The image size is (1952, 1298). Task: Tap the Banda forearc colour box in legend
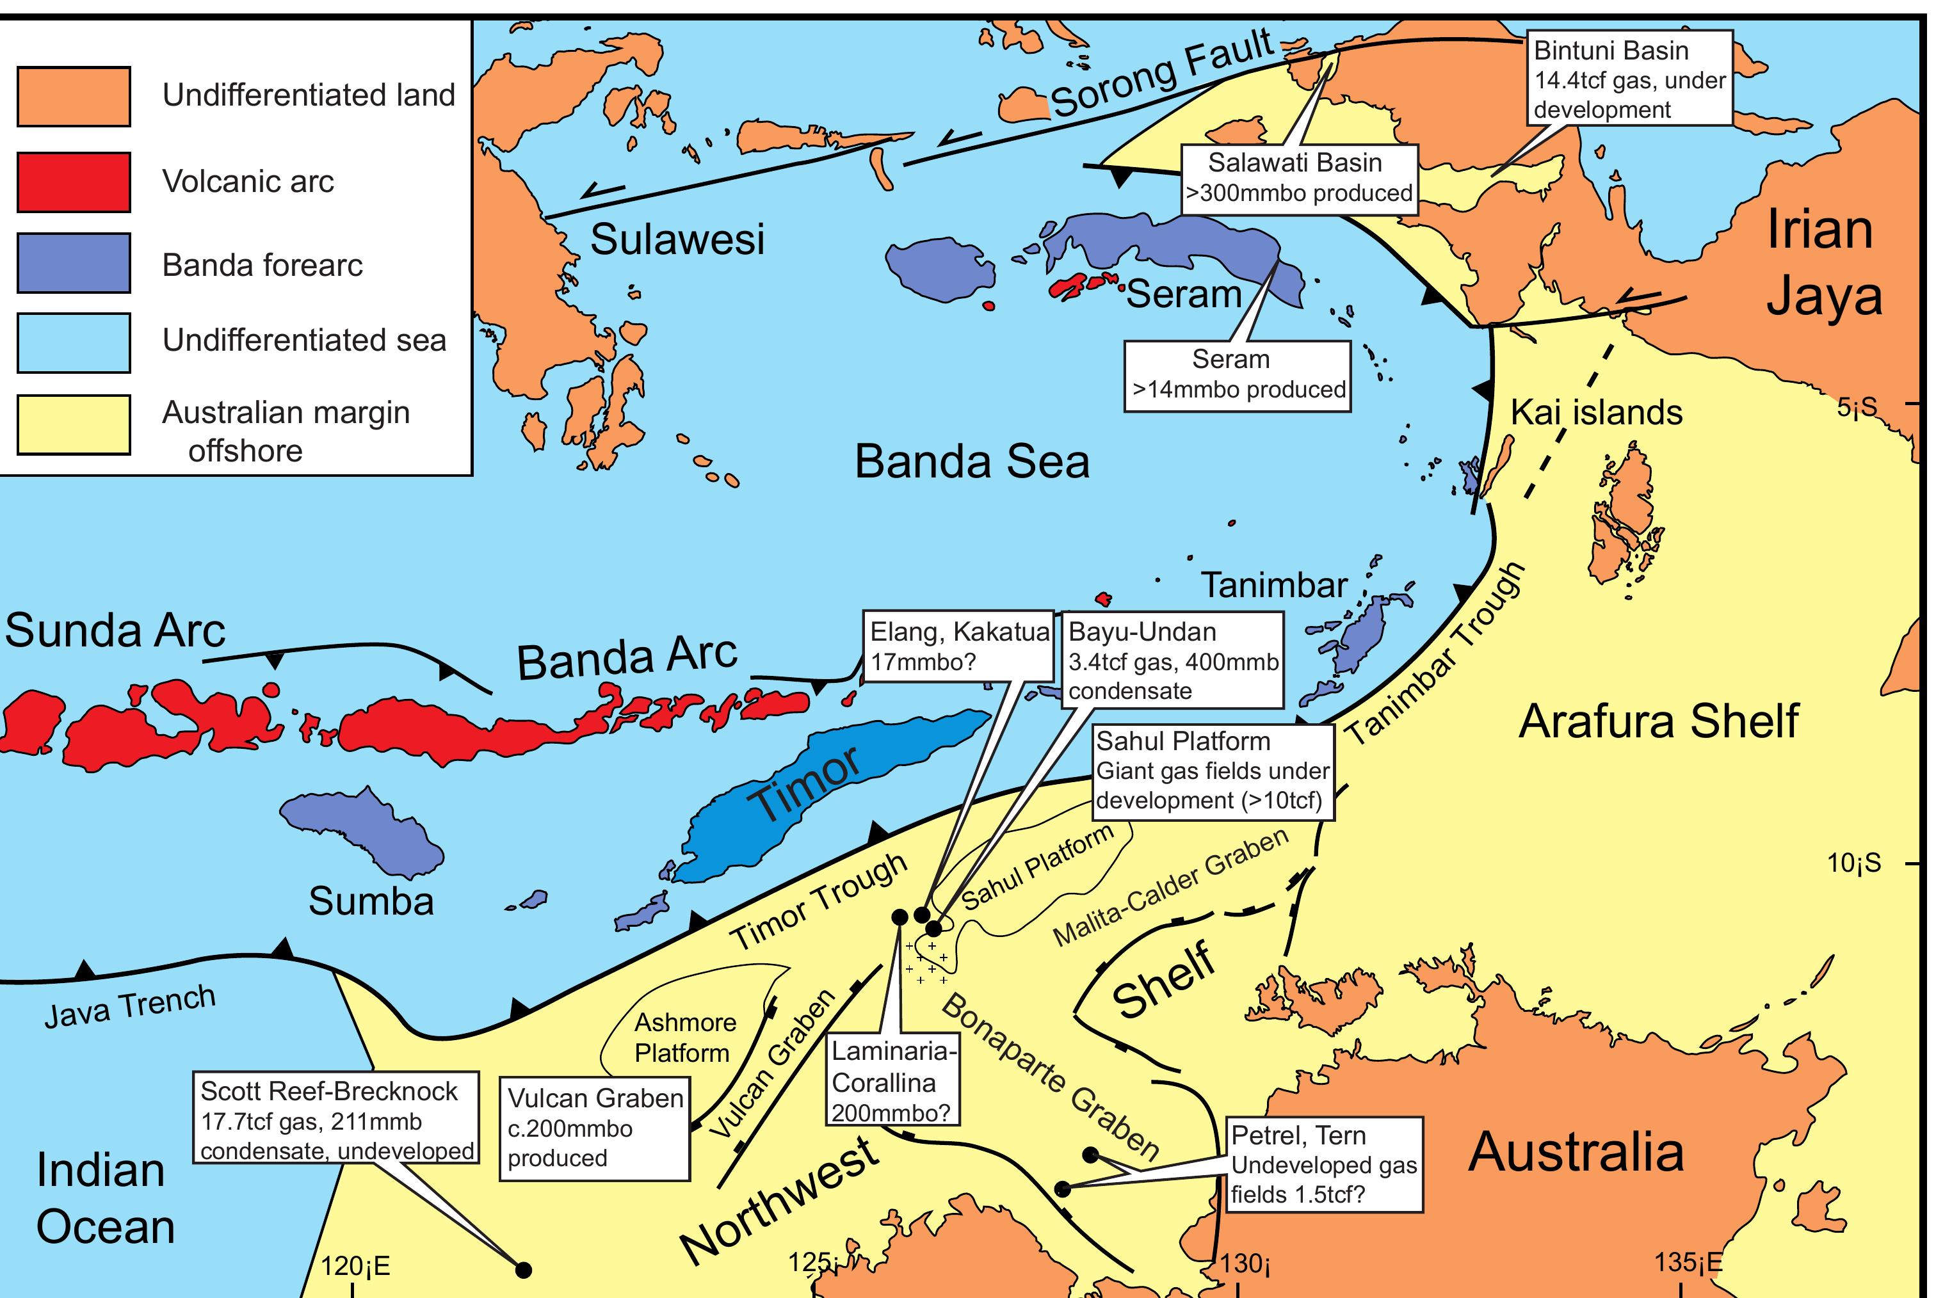tap(74, 263)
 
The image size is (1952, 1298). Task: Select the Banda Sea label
tap(971, 461)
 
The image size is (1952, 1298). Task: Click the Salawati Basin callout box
tap(1298, 178)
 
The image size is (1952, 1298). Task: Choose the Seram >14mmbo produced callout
tap(1237, 375)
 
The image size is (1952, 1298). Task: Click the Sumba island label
tap(371, 901)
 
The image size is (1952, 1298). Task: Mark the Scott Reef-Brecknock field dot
tap(523, 1269)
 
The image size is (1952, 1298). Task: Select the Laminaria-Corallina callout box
tap(892, 1082)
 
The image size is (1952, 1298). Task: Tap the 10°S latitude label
tap(1853, 863)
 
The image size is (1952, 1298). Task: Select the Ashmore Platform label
tap(684, 1038)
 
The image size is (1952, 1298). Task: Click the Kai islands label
tap(1596, 412)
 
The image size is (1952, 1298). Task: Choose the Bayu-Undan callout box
tap(1172, 661)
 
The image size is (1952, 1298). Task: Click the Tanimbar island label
tap(1273, 585)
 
